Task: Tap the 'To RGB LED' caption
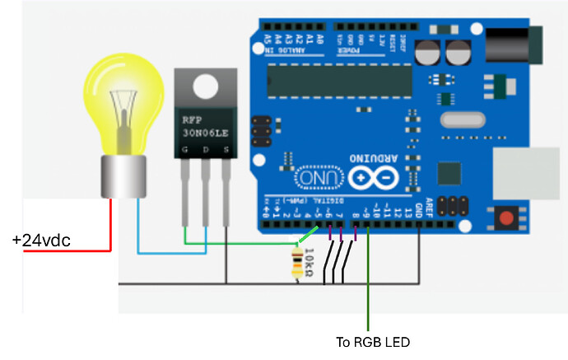(x=372, y=341)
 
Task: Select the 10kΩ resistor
(x=298, y=264)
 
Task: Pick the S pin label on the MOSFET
(x=223, y=148)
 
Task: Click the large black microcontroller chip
(x=338, y=79)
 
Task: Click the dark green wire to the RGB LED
(x=368, y=288)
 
